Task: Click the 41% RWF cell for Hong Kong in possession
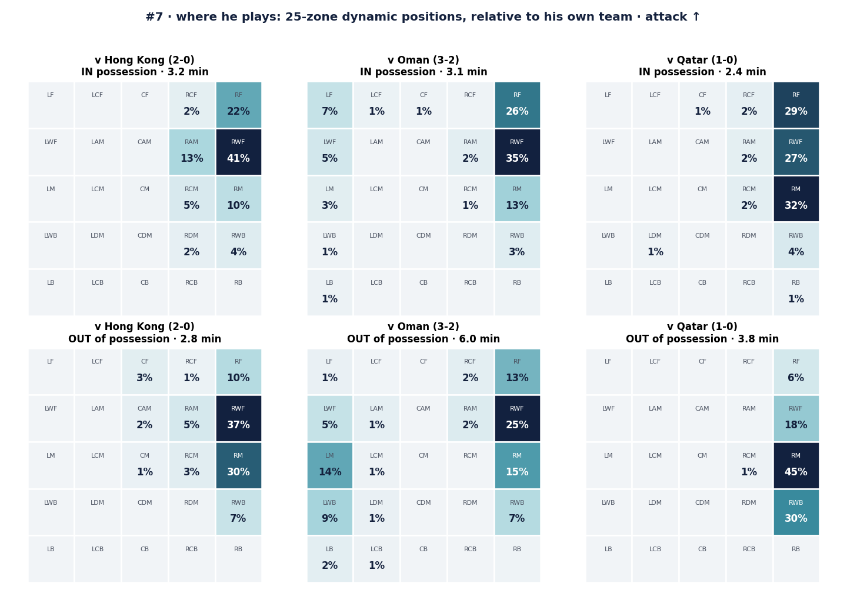[239, 152]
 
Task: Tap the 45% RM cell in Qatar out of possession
[796, 465]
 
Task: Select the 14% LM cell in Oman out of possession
[330, 465]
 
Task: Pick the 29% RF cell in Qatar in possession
[796, 105]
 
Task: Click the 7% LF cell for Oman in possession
[330, 105]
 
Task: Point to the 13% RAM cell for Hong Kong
[192, 152]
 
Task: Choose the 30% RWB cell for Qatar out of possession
[796, 512]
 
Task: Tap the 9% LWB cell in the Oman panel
[330, 512]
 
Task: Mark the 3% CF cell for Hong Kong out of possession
[145, 372]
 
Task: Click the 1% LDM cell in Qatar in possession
[655, 245]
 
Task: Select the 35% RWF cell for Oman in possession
[517, 152]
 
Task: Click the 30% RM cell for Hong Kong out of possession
[239, 465]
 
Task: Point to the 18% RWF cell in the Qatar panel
[796, 419]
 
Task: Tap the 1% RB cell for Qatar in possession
[796, 292]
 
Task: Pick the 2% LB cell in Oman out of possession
[330, 559]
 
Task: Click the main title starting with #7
[423, 17]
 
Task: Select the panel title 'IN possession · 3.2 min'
[145, 72]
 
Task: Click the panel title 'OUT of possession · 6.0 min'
[423, 339]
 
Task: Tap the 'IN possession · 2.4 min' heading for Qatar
[702, 72]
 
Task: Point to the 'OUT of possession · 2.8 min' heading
[145, 339]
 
